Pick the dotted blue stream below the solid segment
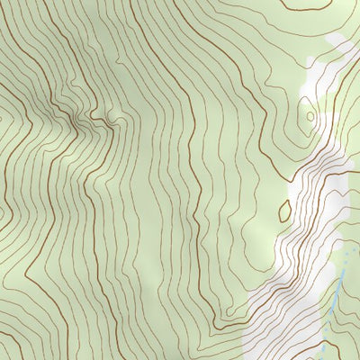(323, 346)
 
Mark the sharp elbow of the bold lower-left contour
(27, 270)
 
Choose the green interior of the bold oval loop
(285, 211)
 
